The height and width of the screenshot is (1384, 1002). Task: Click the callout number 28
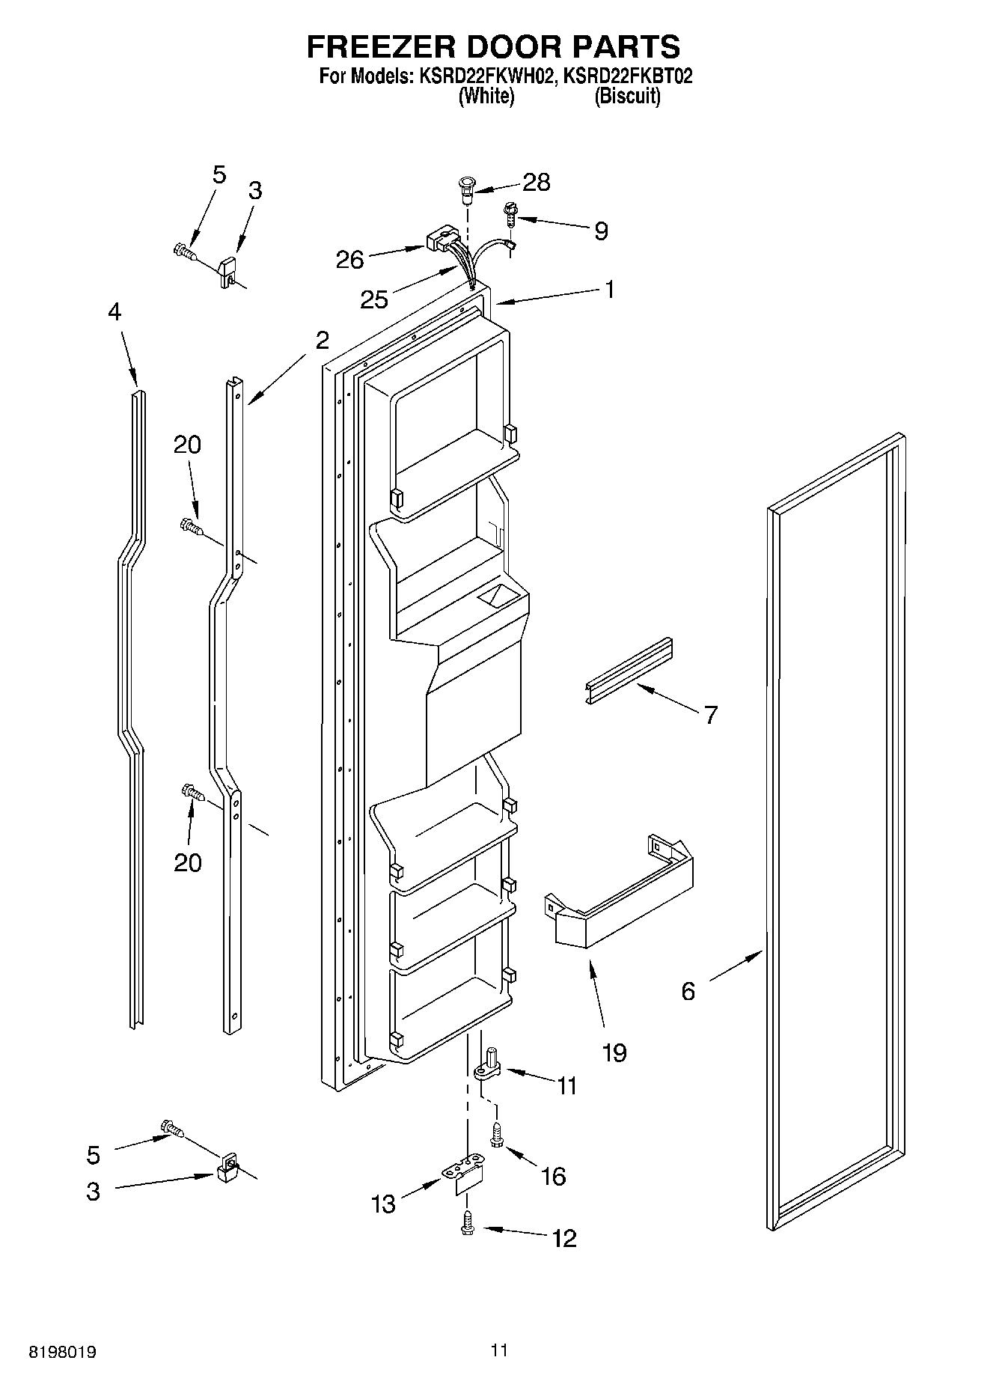tap(537, 182)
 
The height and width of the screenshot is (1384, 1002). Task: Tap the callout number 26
tap(349, 260)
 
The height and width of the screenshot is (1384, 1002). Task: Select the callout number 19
tap(614, 1052)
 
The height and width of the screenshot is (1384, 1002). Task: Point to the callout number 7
tap(710, 714)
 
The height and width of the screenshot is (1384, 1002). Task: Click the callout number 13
tap(383, 1204)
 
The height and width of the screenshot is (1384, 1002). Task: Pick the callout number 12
tap(564, 1238)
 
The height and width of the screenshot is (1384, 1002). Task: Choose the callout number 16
tap(553, 1176)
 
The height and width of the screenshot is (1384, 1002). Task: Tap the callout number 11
tap(567, 1085)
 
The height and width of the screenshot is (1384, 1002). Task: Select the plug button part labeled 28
tap(467, 187)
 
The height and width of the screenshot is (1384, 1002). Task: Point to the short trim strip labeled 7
tap(629, 672)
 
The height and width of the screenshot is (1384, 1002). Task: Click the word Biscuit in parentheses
tap(627, 97)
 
